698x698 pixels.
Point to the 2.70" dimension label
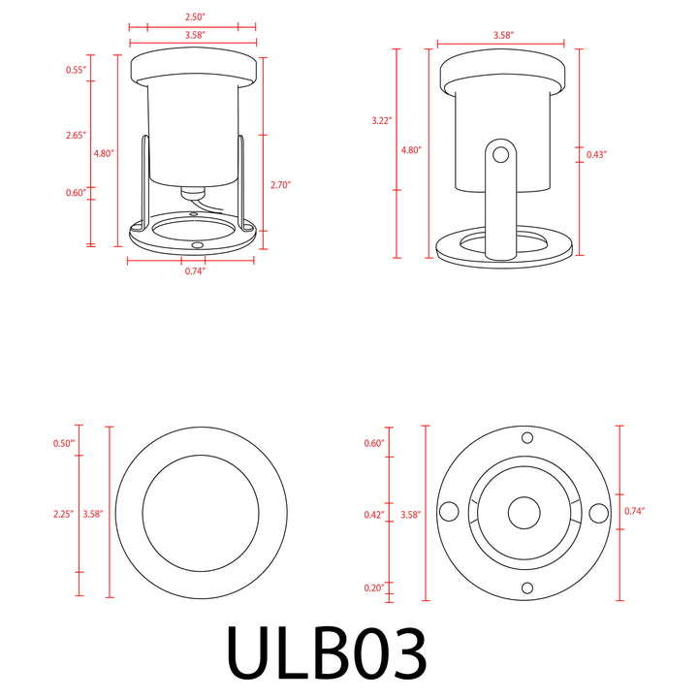tap(280, 184)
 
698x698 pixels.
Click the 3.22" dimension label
tap(381, 121)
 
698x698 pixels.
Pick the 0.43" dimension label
tap(598, 154)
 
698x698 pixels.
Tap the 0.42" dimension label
tap(375, 514)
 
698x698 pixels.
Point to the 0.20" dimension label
tap(375, 587)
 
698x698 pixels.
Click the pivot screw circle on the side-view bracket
tap(500, 153)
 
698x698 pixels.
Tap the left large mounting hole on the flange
tap(449, 511)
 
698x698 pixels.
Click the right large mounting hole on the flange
tap(598, 511)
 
